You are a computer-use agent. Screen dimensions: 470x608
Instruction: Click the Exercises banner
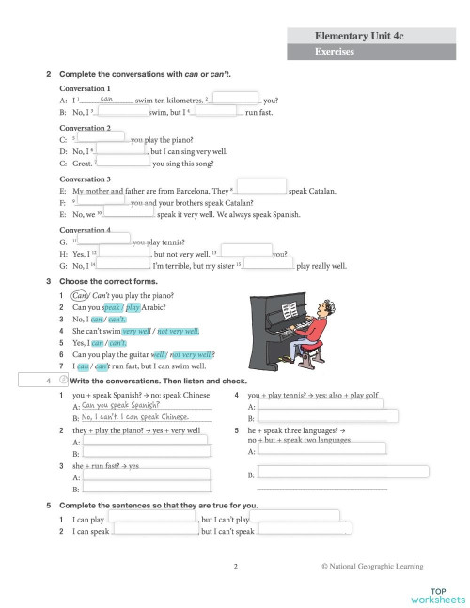pyautogui.click(x=335, y=53)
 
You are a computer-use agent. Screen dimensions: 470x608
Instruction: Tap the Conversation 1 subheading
pyautogui.click(x=85, y=87)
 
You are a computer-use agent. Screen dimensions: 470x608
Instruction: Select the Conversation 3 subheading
pyautogui.click(x=85, y=179)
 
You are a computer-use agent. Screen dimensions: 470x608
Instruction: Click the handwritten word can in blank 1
pyautogui.click(x=106, y=98)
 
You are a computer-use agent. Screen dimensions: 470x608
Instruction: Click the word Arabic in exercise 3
pyautogui.click(x=159, y=306)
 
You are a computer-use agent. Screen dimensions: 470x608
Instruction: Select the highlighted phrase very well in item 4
pyautogui.click(x=136, y=331)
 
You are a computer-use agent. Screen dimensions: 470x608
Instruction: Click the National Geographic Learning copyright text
pyautogui.click(x=371, y=566)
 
